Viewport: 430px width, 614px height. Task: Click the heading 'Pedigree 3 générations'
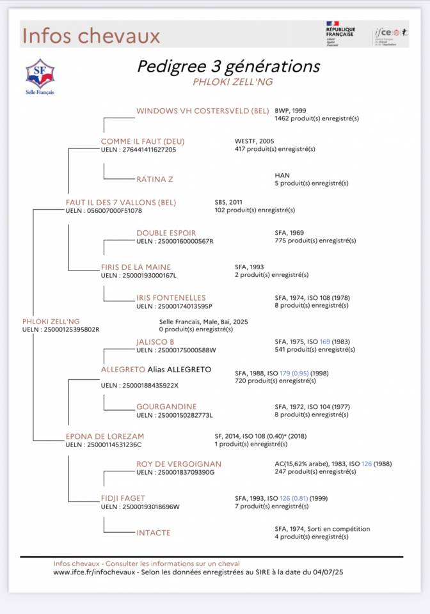pos(228,67)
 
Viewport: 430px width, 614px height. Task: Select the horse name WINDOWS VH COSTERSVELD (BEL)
pos(202,111)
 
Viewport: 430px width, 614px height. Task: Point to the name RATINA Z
pos(155,179)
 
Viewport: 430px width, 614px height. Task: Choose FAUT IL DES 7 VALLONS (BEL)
pos(120,202)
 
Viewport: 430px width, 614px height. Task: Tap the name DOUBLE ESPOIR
pos(166,233)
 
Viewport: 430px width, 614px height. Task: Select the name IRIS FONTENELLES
pos(171,297)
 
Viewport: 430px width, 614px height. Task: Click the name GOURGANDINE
pos(166,406)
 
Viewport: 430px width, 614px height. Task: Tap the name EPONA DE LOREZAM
pos(105,436)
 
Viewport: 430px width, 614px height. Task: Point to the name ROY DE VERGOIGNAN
pos(179,464)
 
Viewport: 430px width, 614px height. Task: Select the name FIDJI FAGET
pos(123,498)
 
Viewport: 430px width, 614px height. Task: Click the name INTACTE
pos(154,532)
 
